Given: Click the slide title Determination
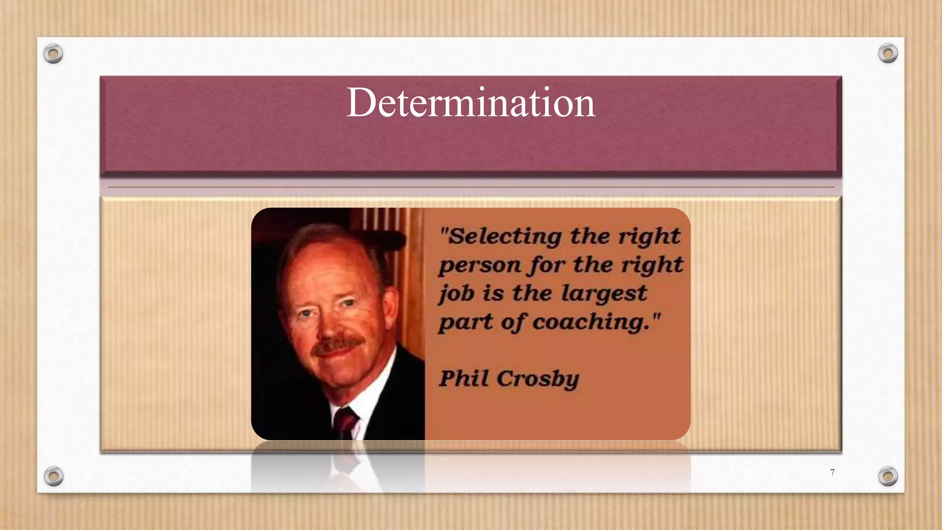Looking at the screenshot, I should pyautogui.click(x=471, y=102).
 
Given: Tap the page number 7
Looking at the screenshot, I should pyautogui.click(x=832, y=472).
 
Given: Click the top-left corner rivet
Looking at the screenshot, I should pyautogui.click(x=53, y=54).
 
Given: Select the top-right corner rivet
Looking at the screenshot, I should pyautogui.click(x=888, y=53).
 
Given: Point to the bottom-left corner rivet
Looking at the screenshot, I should pyautogui.click(x=53, y=476).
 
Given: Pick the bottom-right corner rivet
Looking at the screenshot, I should pyautogui.click(x=888, y=476).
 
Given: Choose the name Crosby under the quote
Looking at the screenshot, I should pyautogui.click(x=538, y=379).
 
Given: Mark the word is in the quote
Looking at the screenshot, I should pyautogui.click(x=493, y=294).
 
